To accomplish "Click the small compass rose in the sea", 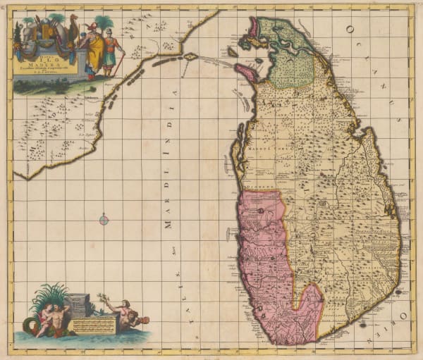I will pos(104,221).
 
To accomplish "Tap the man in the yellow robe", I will pos(93,51).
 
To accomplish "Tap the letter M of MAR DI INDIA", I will pos(168,225).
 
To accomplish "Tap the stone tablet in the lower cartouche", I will pos(78,304).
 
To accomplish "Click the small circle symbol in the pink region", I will pos(261,210).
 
